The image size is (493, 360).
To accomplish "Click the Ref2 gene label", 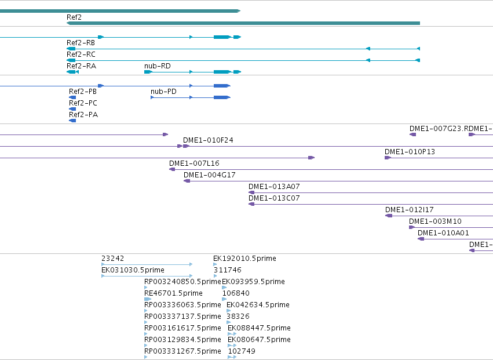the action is coord(74,17).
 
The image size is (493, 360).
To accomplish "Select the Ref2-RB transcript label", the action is coord(81,43).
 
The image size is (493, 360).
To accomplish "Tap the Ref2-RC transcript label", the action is coord(81,54).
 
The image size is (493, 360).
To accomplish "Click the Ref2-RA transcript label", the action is coord(81,66).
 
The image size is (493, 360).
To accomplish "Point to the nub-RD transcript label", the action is coord(157,66).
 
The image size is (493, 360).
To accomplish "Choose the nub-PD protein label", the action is coord(163,92).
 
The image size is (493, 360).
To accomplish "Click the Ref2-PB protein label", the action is coord(83,92).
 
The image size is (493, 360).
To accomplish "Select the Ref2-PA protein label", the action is coord(83,115).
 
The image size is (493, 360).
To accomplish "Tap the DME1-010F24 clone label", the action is coord(208,140).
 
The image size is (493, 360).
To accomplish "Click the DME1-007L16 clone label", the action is coord(194,163).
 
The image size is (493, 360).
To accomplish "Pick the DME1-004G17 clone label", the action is coord(209,175).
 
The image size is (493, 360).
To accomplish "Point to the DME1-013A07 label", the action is coord(274,187).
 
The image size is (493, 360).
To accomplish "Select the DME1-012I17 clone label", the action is coord(410,210).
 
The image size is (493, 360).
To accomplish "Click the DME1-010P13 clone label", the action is coord(410,152).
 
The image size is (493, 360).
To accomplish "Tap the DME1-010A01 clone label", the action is coord(443,233).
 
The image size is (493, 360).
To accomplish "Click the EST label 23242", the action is coord(112,259).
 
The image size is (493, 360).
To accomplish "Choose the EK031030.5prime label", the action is coord(133,270).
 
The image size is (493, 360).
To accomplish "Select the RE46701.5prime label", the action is coord(173,293).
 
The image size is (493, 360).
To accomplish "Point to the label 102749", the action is coord(242,351).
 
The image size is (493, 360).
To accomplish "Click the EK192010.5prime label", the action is coord(244,259).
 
